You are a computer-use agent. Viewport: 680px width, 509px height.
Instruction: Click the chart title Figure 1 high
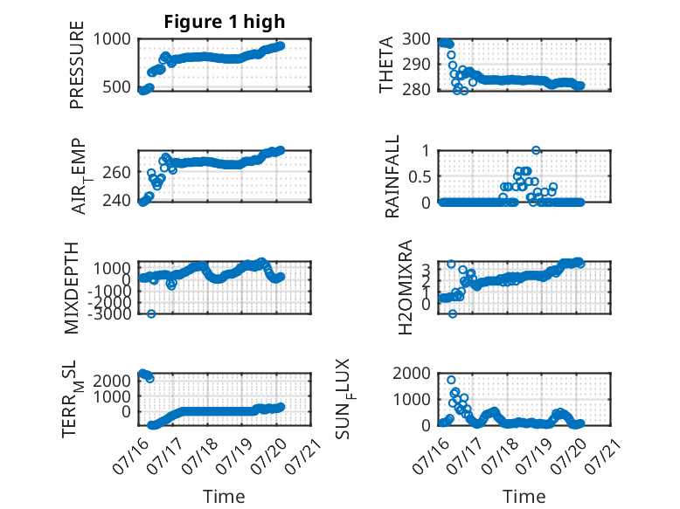pos(225,22)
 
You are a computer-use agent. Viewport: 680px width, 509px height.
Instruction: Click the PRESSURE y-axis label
pos(76,65)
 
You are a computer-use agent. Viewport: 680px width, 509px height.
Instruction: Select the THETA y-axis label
pos(385,65)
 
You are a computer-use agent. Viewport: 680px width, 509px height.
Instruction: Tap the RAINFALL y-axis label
pos(392,176)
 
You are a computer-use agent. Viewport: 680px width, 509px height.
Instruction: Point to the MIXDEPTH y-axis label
pos(72,288)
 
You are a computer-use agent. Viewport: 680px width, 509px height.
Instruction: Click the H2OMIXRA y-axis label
pos(405,287)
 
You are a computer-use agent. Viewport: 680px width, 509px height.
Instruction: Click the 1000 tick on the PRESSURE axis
pos(112,39)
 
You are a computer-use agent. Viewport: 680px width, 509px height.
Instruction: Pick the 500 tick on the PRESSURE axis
pos(116,87)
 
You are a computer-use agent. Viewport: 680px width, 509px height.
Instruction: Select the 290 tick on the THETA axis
pos(416,65)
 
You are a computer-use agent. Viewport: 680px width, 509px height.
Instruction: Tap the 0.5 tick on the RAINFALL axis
pos(420,176)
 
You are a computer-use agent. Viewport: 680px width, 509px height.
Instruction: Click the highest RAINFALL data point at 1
pos(536,150)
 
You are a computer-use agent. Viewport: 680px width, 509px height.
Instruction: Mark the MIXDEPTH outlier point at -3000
pos(151,313)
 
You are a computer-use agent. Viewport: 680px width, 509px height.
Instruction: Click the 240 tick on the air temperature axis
pos(116,201)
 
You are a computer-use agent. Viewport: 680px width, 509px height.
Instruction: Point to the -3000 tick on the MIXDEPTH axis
pos(109,313)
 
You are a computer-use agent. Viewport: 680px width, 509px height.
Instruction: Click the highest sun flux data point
pos(451,380)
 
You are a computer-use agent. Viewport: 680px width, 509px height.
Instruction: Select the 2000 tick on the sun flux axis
pos(412,373)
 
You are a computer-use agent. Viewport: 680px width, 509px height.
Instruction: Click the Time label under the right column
pos(524,497)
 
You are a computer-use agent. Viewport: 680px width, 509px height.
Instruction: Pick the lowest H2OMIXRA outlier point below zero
pos(453,313)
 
